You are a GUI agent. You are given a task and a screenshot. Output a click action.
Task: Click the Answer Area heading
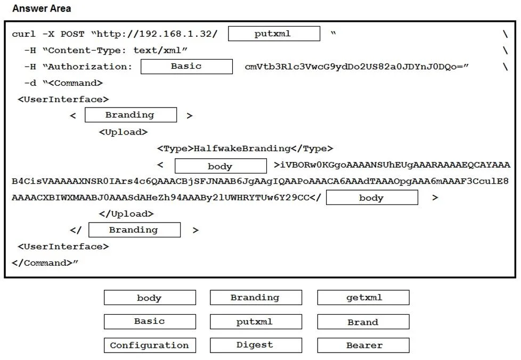click(x=42, y=9)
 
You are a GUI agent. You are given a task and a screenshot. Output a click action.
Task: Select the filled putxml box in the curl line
click(x=274, y=34)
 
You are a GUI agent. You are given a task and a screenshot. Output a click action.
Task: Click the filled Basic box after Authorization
click(x=187, y=67)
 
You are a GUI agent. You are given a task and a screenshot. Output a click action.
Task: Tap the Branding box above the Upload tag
click(x=131, y=115)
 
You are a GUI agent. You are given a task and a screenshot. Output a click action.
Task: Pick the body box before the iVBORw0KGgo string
click(x=221, y=166)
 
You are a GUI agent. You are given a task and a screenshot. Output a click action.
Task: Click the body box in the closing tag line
click(x=372, y=197)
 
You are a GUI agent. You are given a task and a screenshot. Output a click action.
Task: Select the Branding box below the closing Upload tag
click(x=135, y=230)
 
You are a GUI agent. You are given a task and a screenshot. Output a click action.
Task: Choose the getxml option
click(x=363, y=298)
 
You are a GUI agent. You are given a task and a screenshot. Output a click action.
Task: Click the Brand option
click(x=363, y=322)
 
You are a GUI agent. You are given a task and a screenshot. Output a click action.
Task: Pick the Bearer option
click(x=363, y=346)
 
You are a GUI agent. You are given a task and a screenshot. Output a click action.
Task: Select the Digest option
click(x=256, y=346)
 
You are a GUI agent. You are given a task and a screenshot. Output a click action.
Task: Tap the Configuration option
click(x=150, y=346)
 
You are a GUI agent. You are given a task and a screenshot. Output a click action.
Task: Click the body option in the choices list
click(x=150, y=298)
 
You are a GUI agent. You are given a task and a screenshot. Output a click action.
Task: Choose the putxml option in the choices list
click(x=256, y=322)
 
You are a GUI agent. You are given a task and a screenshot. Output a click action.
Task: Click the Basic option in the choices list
click(x=150, y=322)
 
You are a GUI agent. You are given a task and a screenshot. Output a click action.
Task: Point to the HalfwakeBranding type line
click(x=245, y=149)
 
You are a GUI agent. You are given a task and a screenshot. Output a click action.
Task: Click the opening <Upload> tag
click(x=123, y=132)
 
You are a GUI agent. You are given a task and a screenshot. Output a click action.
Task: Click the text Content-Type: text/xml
click(x=115, y=50)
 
